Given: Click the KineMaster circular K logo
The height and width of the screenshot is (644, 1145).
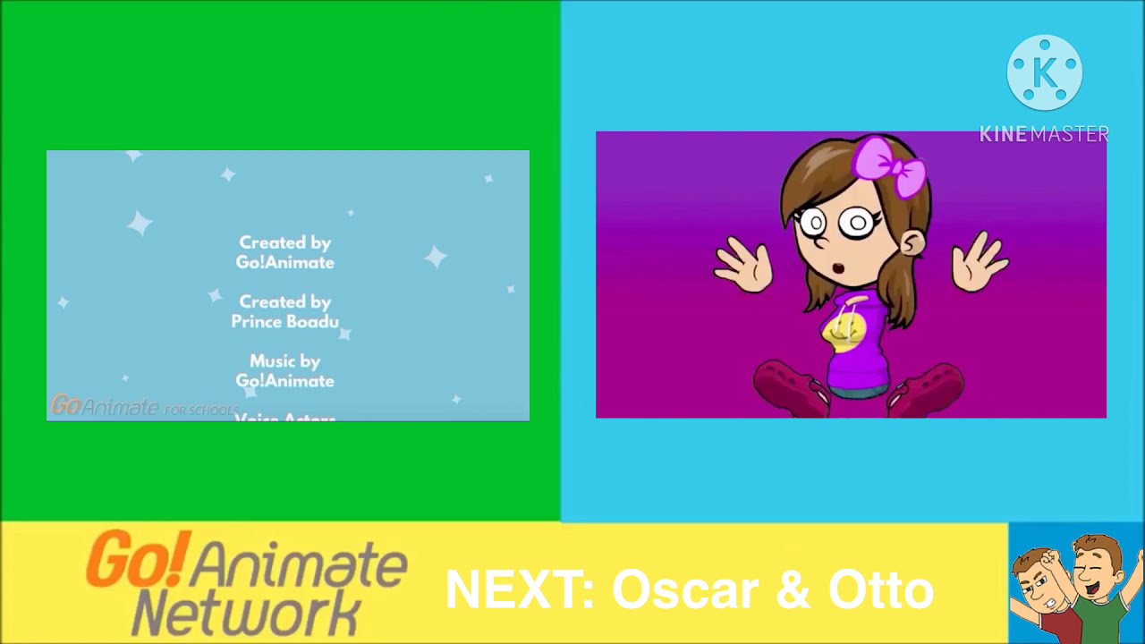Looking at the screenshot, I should (x=1044, y=72).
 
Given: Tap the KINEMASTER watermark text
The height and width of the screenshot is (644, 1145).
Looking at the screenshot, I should (x=1044, y=134).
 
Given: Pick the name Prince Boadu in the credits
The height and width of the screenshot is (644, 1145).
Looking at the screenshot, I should (x=284, y=322).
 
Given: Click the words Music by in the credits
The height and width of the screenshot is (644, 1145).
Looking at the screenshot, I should (x=284, y=361).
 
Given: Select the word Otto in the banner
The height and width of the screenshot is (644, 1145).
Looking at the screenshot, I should (x=880, y=590).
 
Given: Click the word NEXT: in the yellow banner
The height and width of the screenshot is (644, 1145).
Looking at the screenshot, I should (x=519, y=590).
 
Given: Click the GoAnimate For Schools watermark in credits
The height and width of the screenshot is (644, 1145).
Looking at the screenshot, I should (x=143, y=407).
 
